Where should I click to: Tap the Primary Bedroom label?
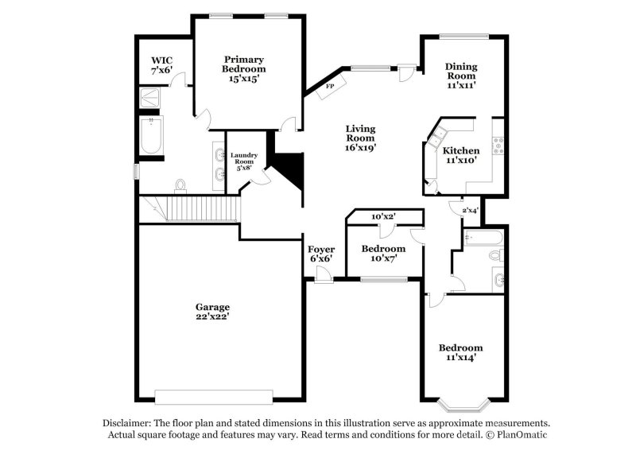(x=244, y=69)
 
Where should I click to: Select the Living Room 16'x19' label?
(x=360, y=138)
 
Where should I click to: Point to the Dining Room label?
(x=460, y=76)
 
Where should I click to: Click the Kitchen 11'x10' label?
(x=460, y=155)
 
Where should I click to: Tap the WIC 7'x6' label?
(x=162, y=65)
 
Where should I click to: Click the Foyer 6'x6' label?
(x=320, y=254)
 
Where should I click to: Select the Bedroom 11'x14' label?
(x=461, y=353)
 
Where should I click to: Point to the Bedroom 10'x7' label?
(x=383, y=254)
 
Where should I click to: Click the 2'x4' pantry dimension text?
(x=470, y=210)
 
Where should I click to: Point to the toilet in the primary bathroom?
(x=181, y=185)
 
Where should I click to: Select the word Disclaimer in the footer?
(x=129, y=423)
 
